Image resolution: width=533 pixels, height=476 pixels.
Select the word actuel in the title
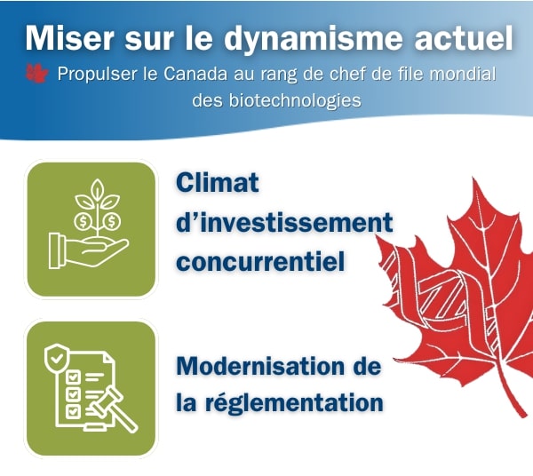(x=464, y=37)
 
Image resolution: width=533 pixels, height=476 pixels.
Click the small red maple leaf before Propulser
(x=36, y=73)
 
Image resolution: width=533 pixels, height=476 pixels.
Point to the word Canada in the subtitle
(x=195, y=74)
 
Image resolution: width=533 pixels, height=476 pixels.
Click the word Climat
(x=218, y=183)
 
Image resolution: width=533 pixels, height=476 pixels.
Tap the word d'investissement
(x=284, y=223)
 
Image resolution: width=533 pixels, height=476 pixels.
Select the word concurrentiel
(x=260, y=262)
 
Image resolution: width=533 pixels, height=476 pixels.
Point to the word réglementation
(x=294, y=403)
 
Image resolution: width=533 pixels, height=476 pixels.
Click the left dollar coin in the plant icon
(x=83, y=222)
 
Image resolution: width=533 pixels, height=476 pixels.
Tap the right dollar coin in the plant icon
(x=112, y=222)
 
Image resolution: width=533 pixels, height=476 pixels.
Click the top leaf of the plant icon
(x=98, y=189)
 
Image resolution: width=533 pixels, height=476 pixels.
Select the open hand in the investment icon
(x=88, y=250)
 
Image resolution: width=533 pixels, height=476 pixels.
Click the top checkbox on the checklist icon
(x=73, y=377)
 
